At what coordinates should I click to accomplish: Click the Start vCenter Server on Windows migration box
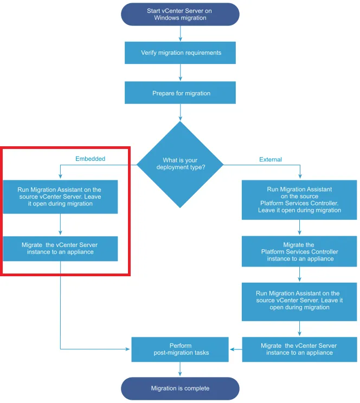(x=180, y=14)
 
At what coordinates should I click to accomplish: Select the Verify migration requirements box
(x=180, y=53)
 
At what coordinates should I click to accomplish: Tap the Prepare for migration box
(x=180, y=93)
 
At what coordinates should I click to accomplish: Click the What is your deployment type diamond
(x=180, y=164)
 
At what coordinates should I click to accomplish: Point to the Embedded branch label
(x=90, y=159)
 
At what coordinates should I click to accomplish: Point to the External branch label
(x=271, y=159)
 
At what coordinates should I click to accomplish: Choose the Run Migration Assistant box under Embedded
(x=60, y=197)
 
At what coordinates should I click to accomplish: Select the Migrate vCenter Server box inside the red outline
(x=60, y=248)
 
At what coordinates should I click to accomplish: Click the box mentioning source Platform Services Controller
(x=299, y=200)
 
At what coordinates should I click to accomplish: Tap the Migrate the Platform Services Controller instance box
(x=299, y=251)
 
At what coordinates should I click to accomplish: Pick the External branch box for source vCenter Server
(x=299, y=300)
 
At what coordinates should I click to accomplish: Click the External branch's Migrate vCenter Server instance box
(x=299, y=349)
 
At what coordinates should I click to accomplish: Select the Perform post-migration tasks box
(x=180, y=349)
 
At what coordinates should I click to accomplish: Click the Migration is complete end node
(x=180, y=388)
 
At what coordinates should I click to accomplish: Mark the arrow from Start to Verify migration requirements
(x=180, y=34)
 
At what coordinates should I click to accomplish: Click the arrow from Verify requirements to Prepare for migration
(x=180, y=73)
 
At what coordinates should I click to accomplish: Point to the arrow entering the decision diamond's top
(x=180, y=113)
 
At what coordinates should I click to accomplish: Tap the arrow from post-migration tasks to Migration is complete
(x=180, y=370)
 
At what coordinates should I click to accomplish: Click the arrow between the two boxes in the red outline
(x=60, y=224)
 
